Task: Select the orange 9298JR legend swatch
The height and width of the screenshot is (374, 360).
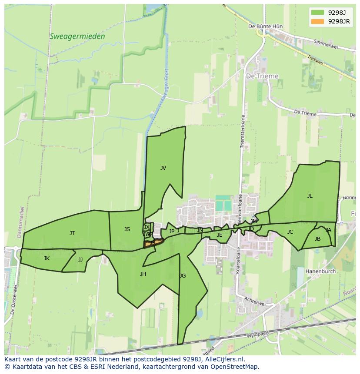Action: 317,21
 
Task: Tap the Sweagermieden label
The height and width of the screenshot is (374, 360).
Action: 77,36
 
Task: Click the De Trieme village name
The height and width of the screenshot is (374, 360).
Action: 262,76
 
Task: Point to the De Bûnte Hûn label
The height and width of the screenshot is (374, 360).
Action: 265,26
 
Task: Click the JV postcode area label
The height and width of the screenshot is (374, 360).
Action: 163,168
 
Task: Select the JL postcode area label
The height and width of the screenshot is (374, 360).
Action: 310,196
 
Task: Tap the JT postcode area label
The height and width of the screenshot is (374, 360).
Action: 72,233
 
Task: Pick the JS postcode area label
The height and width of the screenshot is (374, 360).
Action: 127,229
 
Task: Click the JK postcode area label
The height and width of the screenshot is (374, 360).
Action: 47,258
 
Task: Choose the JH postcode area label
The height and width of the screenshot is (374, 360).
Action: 143,274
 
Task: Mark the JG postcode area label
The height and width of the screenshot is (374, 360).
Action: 183,276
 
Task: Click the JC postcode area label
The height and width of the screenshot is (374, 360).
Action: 290,232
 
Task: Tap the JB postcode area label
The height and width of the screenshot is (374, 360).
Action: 317,239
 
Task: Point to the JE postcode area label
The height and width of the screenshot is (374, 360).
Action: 220,235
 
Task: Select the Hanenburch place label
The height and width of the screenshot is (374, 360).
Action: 321,271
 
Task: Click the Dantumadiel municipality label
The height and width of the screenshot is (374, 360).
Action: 20,222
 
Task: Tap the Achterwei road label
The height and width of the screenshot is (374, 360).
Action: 255,302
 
